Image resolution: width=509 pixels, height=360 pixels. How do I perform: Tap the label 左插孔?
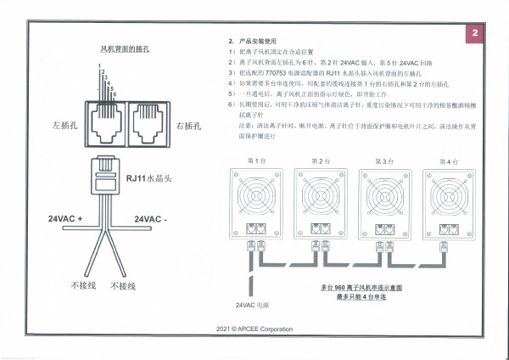64,126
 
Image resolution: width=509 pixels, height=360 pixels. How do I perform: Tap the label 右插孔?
188,126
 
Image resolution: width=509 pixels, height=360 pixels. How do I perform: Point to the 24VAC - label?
154,219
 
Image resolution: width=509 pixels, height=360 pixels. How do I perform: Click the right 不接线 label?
125,286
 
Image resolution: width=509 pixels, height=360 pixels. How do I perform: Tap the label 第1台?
256,160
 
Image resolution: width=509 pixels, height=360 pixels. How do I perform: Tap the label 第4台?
449,160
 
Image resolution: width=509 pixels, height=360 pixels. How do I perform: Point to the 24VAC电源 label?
250,304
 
